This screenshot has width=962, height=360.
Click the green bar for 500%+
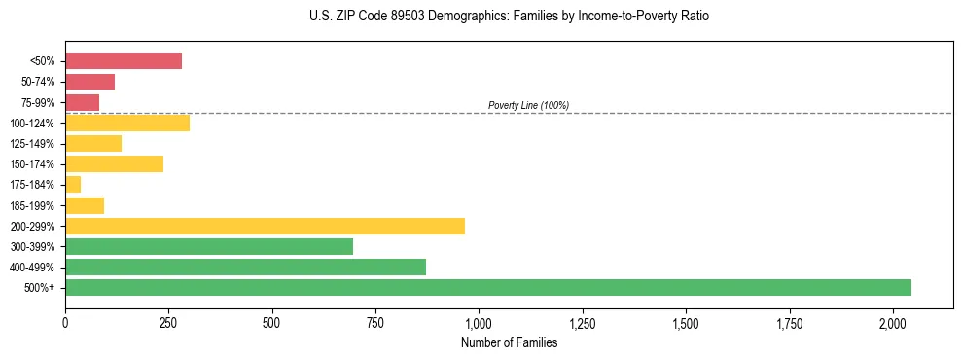point(488,287)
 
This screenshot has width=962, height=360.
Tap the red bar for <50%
point(124,61)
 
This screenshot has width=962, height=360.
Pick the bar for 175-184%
point(73,184)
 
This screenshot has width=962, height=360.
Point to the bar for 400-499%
point(245,267)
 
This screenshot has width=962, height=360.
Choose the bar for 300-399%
point(209,246)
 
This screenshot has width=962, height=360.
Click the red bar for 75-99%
point(83,102)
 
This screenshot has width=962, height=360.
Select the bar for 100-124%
point(127,123)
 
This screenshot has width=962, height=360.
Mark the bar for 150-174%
point(114,163)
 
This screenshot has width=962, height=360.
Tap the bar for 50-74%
point(90,82)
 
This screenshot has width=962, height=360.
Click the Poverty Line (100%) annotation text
point(528,105)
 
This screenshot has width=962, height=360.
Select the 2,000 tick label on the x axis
point(893,322)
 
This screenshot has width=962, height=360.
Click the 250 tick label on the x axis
point(168,322)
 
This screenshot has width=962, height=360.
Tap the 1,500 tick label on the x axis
point(686,322)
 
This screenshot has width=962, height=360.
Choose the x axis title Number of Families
point(509,342)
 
